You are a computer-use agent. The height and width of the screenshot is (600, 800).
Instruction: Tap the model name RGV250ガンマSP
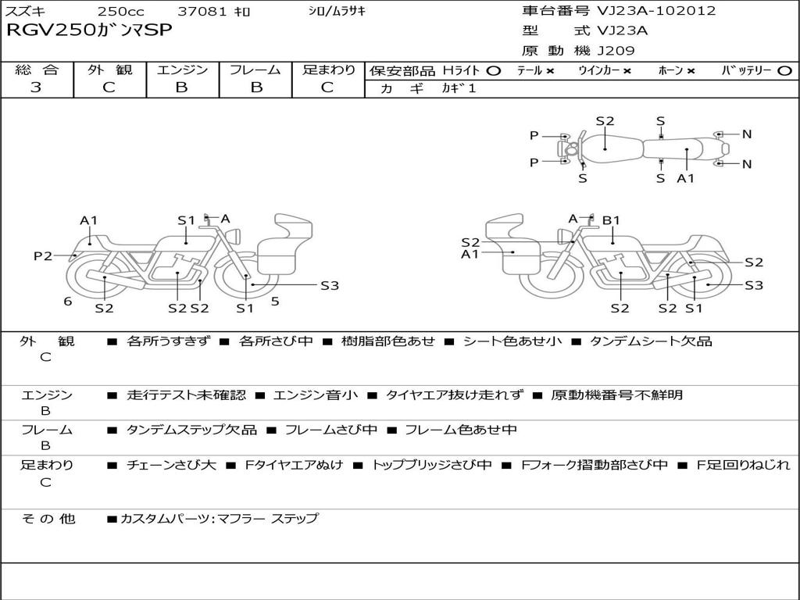(x=89, y=30)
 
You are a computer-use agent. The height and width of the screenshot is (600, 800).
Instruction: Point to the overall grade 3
(x=36, y=87)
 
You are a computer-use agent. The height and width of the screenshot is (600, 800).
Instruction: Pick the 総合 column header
(x=37, y=70)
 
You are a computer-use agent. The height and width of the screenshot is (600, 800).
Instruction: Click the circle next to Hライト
(x=493, y=71)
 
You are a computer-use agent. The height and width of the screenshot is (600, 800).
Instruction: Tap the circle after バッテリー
(x=784, y=71)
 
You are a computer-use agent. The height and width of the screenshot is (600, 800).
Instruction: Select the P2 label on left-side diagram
(x=43, y=255)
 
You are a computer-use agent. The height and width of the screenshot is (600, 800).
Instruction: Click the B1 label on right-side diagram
(x=611, y=220)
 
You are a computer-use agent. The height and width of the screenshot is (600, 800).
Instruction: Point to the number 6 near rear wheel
(x=68, y=302)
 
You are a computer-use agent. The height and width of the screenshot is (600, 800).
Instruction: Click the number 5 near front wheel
(x=275, y=302)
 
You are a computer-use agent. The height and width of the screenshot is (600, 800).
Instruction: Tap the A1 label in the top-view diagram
(x=685, y=179)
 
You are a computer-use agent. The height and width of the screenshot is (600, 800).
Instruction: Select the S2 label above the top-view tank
(x=605, y=121)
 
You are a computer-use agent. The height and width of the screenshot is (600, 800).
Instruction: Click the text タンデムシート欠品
(x=651, y=341)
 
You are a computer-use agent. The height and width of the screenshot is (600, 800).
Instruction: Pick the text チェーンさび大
(x=171, y=466)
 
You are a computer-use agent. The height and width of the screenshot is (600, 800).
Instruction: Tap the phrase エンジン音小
(x=316, y=395)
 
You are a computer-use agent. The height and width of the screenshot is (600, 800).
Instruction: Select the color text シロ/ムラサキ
(x=337, y=11)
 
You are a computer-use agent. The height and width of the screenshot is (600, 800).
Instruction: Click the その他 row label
(x=48, y=519)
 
